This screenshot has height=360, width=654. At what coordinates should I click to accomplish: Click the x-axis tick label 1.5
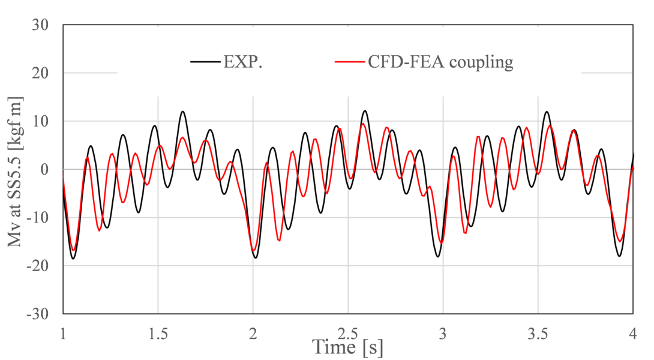[158, 332]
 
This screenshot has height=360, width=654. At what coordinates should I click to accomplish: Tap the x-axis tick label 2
[253, 332]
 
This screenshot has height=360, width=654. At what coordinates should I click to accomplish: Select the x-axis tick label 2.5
[347, 332]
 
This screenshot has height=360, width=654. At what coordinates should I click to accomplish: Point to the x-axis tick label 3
[443, 332]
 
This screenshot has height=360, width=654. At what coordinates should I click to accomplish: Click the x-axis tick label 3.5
[538, 332]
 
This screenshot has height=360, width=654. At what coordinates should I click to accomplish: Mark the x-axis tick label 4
[632, 332]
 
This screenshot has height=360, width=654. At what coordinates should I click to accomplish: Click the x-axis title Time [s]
[347, 346]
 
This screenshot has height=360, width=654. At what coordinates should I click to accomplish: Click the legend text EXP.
[242, 62]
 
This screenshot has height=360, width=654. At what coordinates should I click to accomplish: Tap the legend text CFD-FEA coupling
[440, 62]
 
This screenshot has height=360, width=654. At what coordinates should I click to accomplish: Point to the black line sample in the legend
[205, 62]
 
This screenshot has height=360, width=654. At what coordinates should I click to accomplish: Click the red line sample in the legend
[350, 62]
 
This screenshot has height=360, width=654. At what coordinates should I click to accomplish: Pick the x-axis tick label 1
[63, 332]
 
